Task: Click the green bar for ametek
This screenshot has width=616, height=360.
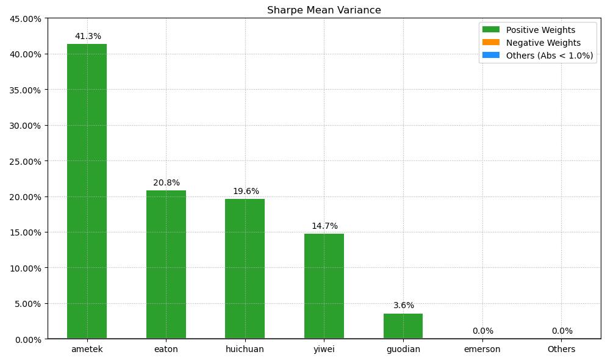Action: pos(87,191)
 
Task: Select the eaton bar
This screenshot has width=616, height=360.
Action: pos(166,264)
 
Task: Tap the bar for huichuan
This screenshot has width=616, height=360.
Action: pos(245,268)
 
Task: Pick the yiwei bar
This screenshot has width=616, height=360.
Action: pos(324,286)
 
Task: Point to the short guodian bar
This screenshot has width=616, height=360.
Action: pos(403,326)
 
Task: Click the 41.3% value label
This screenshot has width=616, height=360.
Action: pos(88,37)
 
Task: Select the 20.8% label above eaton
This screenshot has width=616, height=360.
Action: pos(167,183)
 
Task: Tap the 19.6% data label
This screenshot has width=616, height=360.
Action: pos(246,192)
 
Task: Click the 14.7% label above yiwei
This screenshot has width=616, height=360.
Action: pos(324,226)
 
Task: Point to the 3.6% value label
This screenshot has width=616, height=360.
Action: pos(404,306)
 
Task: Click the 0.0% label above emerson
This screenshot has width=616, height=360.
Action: pos(482,331)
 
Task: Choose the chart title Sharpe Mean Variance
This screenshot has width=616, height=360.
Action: pos(324,10)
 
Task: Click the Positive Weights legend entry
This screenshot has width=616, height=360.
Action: pos(540,30)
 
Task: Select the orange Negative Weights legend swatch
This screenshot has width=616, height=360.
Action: pos(490,43)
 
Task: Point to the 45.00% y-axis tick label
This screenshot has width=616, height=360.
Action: pos(26,19)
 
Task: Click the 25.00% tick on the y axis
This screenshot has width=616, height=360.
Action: pos(26,161)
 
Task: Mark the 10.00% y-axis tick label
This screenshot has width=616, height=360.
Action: pos(26,268)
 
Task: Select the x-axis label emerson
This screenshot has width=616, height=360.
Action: pos(482,350)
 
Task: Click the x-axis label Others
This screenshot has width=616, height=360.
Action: pos(561,350)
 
